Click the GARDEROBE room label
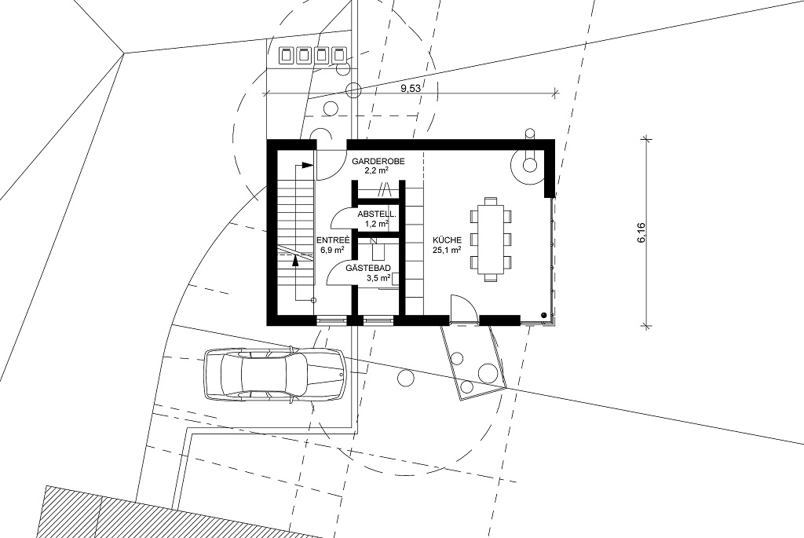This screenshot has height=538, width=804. (x=378, y=161)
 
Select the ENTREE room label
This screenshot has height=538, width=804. (x=333, y=240)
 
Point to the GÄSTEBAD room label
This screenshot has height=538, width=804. (x=368, y=268)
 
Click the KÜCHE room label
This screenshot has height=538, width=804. (x=447, y=240)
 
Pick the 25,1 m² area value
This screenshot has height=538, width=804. (x=447, y=250)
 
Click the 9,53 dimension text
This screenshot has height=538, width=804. (x=410, y=88)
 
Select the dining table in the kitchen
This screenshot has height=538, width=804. (x=491, y=240)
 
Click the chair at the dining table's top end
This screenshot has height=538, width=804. (x=491, y=200)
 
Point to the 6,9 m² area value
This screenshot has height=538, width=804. (x=333, y=250)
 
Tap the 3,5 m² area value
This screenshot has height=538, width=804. (x=378, y=278)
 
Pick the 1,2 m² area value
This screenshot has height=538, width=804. (x=377, y=224)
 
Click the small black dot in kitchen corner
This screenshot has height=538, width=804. (x=543, y=314)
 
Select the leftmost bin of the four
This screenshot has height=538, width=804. (x=286, y=55)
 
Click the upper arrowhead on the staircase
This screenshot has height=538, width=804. (x=307, y=165)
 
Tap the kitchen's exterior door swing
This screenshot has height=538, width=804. (x=464, y=309)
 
